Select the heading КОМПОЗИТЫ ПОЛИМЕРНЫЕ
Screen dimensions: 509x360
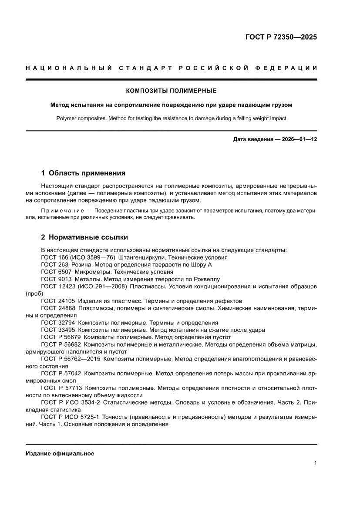[171, 91]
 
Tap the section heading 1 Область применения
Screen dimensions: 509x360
[83, 173]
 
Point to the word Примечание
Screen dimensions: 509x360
[61, 211]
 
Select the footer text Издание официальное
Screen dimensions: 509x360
[60, 453]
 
